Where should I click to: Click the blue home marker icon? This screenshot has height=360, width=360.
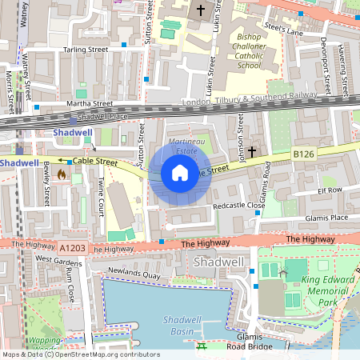point(180,173)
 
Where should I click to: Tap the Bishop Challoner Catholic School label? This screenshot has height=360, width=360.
point(260,51)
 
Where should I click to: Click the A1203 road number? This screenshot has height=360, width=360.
point(70,249)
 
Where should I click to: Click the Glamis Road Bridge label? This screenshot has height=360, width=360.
point(246,342)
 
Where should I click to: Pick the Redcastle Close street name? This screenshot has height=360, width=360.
point(238,206)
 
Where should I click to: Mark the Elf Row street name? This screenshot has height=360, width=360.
point(329,190)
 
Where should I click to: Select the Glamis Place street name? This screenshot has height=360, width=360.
point(326,217)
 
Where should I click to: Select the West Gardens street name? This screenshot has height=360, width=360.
point(59,260)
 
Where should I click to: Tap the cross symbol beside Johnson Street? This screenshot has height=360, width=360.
point(251,150)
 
